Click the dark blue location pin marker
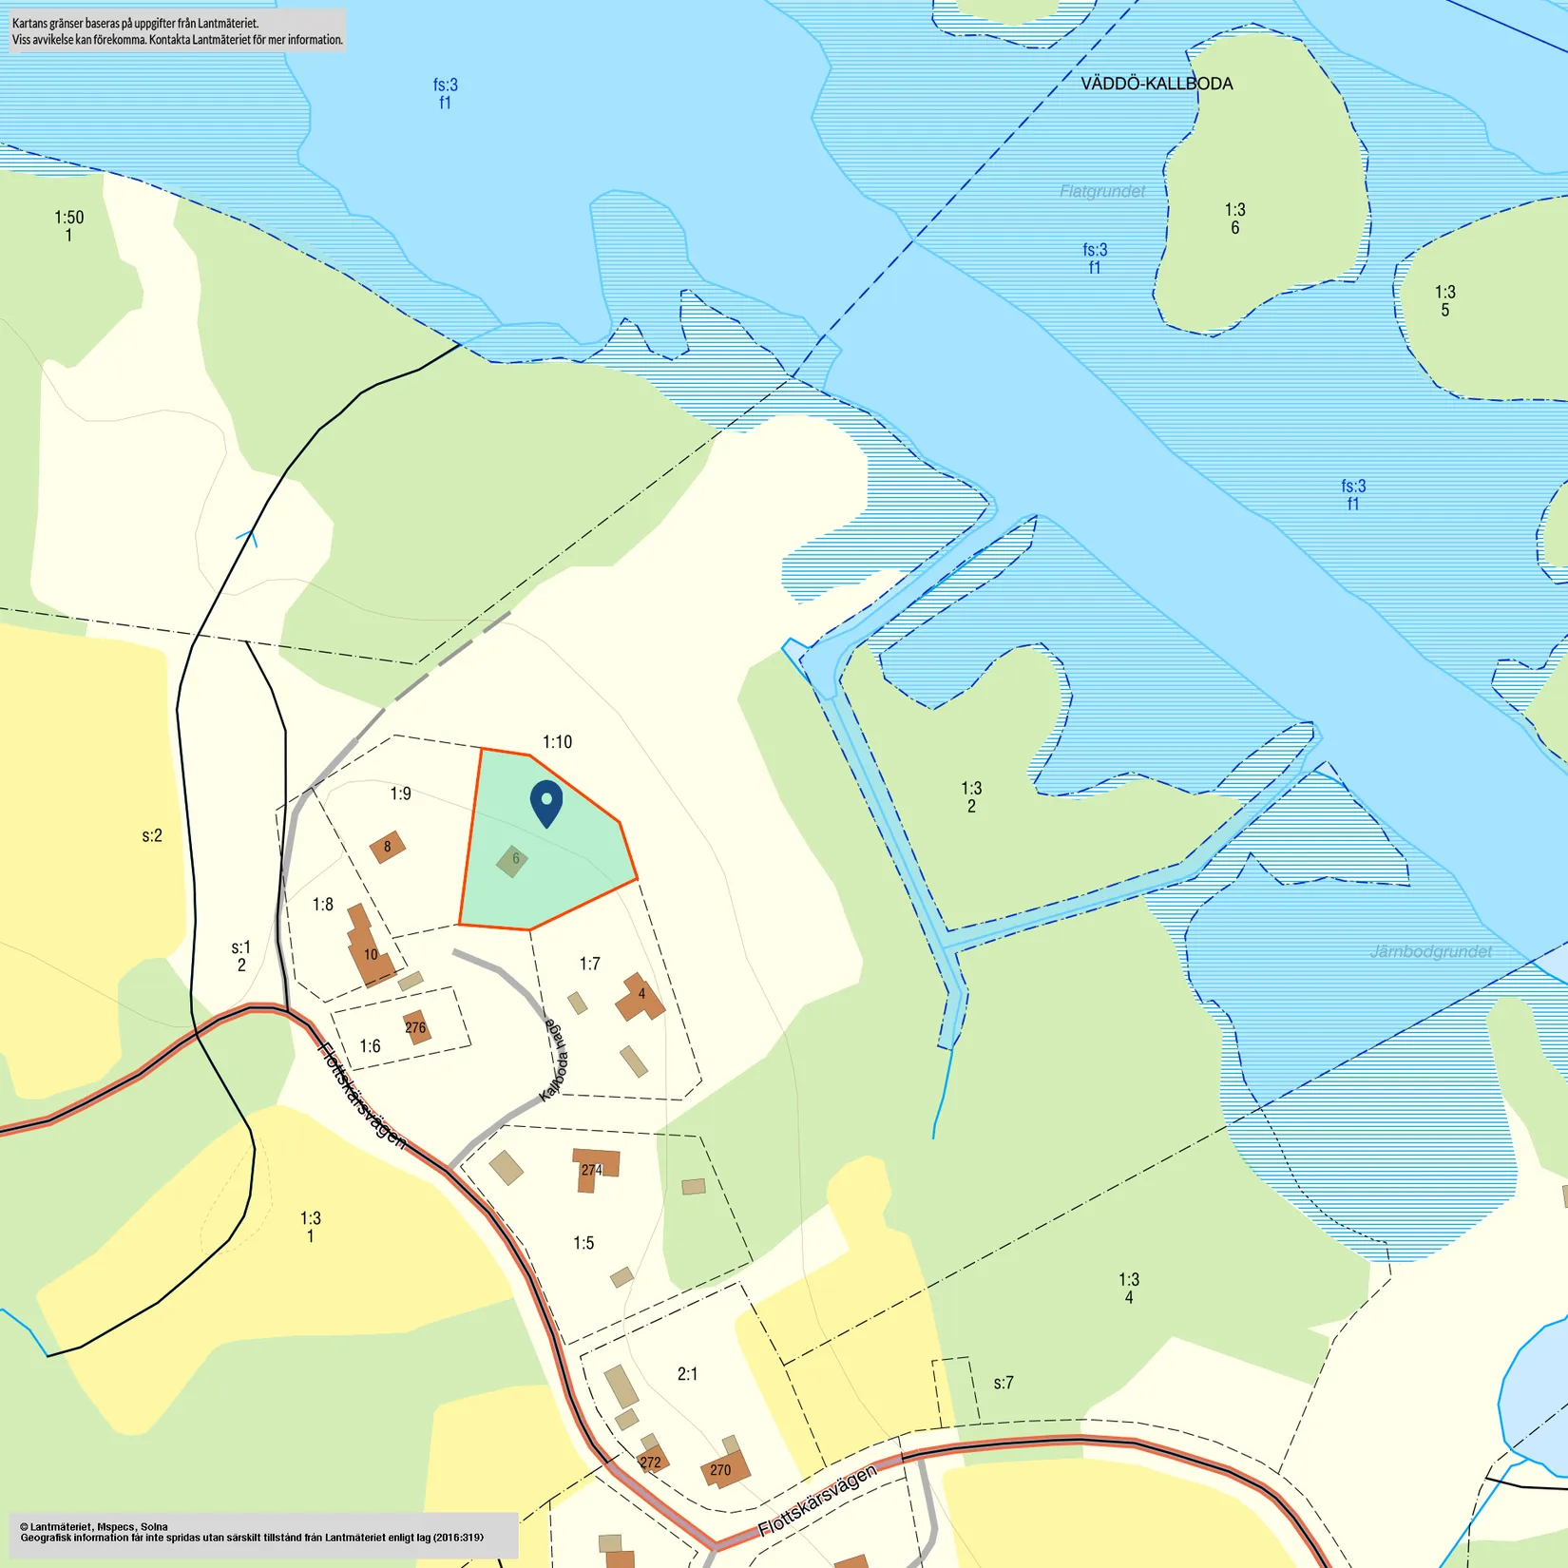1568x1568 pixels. click(546, 802)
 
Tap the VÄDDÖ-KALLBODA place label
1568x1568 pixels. click(1157, 84)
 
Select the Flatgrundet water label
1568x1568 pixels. click(1102, 191)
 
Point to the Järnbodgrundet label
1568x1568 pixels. click(1431, 951)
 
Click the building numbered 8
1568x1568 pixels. click(387, 847)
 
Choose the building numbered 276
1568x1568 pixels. click(416, 1027)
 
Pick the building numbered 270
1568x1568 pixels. click(724, 1469)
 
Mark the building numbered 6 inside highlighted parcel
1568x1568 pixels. click(513, 860)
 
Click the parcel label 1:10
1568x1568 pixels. click(557, 742)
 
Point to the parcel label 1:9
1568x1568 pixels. click(400, 794)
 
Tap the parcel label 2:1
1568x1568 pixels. click(687, 1374)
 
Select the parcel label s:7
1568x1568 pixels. click(1004, 1383)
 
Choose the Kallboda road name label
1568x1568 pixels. click(554, 1060)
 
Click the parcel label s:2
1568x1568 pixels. click(152, 836)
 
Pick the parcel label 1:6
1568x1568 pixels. click(370, 1046)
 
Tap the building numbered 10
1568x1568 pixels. click(370, 954)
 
